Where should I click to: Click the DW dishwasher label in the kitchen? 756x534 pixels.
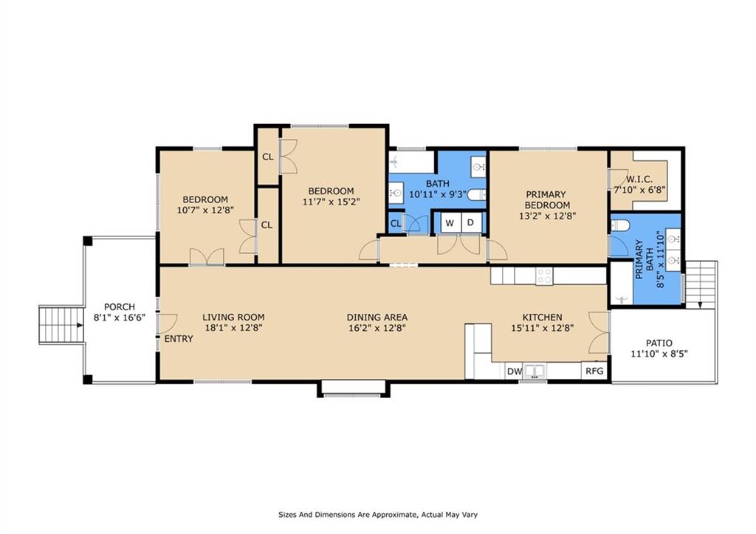click(515, 372)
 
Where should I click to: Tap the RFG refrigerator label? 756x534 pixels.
click(594, 372)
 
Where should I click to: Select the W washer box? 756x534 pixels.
click(449, 222)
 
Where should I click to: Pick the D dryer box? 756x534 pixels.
click(470, 222)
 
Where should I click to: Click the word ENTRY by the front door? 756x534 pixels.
click(179, 339)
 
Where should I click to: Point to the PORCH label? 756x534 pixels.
click(119, 307)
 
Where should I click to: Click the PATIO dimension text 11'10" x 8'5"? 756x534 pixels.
click(659, 355)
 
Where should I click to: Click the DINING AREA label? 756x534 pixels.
click(377, 318)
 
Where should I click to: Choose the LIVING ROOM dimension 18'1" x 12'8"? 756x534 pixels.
click(233, 328)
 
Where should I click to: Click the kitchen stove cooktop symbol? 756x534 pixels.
click(544, 275)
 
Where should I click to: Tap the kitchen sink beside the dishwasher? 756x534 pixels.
click(535, 372)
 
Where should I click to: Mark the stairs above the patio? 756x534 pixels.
click(701, 284)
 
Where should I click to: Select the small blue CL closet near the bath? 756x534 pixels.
click(396, 223)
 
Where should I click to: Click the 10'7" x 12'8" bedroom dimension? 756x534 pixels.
click(205, 210)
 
